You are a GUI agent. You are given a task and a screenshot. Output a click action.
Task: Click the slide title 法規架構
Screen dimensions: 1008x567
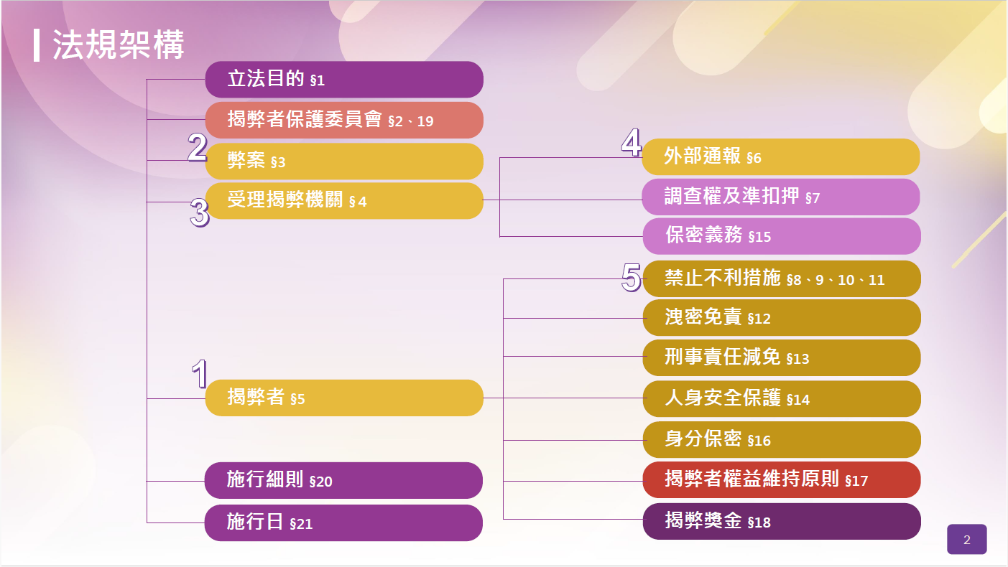pos(119,44)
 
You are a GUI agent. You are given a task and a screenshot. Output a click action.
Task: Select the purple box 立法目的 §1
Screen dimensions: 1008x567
pos(344,80)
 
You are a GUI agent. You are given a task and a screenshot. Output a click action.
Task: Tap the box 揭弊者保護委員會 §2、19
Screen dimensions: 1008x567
pos(344,120)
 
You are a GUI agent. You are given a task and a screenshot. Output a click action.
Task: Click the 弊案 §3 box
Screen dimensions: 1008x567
pos(344,161)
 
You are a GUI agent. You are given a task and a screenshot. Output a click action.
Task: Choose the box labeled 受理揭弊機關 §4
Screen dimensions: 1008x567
pos(344,200)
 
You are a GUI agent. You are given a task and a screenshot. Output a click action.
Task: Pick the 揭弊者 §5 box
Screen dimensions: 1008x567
pos(344,398)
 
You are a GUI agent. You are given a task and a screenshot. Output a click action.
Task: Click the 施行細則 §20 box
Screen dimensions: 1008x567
pos(344,480)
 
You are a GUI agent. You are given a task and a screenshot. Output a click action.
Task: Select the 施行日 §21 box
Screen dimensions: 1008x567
pos(344,523)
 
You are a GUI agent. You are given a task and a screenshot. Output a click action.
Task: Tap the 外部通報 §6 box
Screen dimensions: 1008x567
pos(781,157)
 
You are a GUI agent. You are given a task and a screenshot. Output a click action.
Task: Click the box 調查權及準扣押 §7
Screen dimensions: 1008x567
pos(781,197)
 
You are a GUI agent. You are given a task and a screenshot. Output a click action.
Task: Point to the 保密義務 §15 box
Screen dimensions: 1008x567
pos(782,236)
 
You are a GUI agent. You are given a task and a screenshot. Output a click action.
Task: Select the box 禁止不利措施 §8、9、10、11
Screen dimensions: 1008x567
pos(782,278)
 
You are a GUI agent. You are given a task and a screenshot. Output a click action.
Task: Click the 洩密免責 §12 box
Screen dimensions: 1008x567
pos(782,318)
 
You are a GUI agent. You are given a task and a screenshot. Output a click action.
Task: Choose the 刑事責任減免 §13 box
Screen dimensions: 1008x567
pos(782,358)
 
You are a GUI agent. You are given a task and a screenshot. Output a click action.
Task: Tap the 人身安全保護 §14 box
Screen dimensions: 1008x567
pos(782,399)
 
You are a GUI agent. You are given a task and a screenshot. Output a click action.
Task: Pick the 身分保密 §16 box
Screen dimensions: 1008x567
pos(782,440)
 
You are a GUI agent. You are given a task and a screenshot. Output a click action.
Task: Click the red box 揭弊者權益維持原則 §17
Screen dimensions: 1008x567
pos(782,479)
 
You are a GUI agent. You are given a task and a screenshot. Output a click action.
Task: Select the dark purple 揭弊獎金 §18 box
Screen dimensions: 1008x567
pos(782,522)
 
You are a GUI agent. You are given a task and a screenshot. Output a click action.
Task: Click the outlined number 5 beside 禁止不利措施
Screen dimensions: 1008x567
pos(631,278)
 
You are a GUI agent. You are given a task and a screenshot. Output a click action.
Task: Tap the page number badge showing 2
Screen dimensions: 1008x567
pos(966,539)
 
